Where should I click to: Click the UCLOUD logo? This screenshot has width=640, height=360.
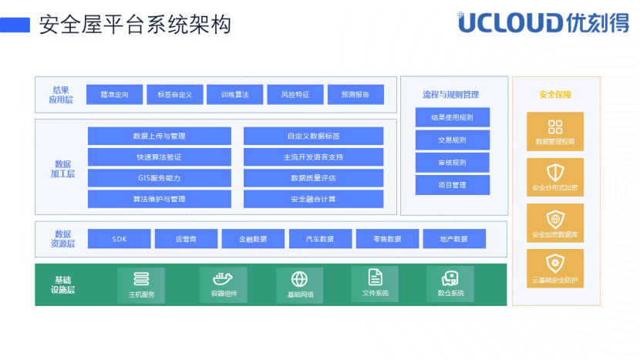click(544, 22)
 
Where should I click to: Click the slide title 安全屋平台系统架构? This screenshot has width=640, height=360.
click(135, 25)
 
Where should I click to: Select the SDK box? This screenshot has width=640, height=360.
click(120, 239)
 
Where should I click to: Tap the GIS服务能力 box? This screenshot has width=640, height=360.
click(159, 178)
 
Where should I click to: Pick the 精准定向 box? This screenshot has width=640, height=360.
click(114, 95)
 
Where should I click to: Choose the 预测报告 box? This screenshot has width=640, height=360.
click(355, 95)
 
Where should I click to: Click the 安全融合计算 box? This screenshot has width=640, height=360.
click(314, 199)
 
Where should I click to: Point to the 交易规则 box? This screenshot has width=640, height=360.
click(453, 140)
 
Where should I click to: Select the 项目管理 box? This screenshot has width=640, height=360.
click(453, 185)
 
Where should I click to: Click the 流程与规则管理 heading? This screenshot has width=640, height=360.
click(451, 95)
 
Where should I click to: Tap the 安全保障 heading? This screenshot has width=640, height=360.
click(555, 95)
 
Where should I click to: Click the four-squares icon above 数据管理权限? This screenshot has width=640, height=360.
click(555, 127)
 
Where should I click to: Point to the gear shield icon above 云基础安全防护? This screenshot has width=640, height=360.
click(555, 264)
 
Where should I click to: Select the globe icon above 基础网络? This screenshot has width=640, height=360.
click(299, 280)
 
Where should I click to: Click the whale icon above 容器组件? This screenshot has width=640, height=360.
click(223, 279)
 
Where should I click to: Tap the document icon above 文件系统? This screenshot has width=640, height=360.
click(375, 278)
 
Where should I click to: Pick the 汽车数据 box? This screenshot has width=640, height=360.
click(321, 239)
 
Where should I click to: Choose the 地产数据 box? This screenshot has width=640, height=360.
click(454, 239)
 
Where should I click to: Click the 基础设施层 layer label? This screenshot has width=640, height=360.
click(63, 285)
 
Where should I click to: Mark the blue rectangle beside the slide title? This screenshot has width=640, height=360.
click(15, 25)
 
